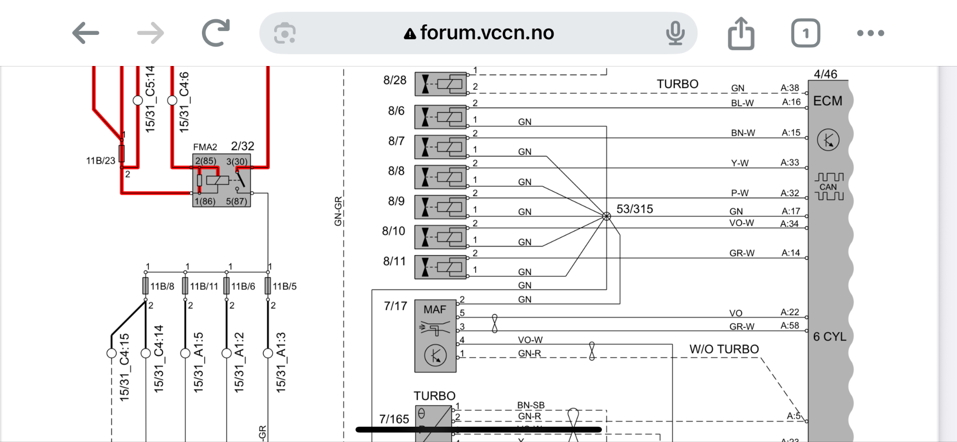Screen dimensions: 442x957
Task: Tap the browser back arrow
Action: point(86,33)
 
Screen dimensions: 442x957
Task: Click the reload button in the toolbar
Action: point(215,33)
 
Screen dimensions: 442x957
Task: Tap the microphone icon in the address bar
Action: point(675,33)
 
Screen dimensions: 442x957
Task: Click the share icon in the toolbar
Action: point(741,33)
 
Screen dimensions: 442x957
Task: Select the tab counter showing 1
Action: point(806,33)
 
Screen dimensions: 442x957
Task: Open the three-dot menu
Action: point(870,33)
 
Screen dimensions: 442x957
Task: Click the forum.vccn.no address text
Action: point(487,33)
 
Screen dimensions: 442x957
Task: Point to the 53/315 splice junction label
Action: point(634,209)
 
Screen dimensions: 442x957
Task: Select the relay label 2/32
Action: point(243,146)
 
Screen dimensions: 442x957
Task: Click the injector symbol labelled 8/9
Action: point(441,207)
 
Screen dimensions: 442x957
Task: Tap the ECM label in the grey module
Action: point(828,101)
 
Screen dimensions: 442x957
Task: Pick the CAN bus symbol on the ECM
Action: point(829,187)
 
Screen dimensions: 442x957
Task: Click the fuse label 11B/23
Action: point(100,161)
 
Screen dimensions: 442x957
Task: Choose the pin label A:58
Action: point(790,326)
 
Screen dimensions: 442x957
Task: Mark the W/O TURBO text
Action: point(724,349)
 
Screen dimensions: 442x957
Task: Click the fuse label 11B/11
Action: point(204,287)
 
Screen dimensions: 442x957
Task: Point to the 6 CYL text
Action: point(830,337)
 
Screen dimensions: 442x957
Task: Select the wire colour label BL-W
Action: point(742,103)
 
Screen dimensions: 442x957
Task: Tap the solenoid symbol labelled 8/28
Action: point(441,84)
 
